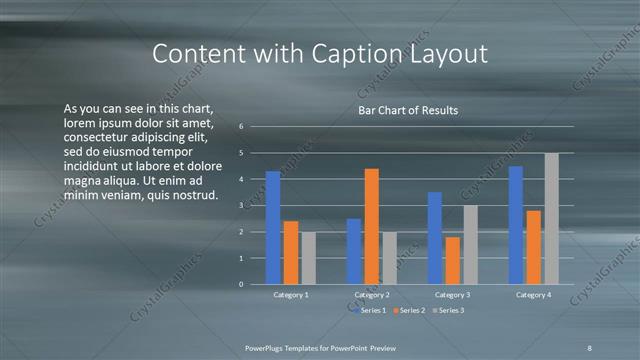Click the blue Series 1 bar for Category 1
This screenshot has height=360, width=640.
coord(273,228)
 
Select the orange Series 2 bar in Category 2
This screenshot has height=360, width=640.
coord(371,226)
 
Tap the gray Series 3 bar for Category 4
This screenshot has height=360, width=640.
coord(552,218)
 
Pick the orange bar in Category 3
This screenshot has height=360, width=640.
coord(452,260)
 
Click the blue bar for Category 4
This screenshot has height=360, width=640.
coord(516,225)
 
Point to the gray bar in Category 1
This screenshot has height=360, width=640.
coord(308,258)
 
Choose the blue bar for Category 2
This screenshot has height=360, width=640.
coord(354,251)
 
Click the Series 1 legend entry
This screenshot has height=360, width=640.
coord(372,310)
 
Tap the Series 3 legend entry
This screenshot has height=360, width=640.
coord(447,310)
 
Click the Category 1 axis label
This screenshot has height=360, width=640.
coord(291,295)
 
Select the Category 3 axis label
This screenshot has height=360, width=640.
coord(452,295)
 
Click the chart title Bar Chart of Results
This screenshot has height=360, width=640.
coord(408,110)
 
